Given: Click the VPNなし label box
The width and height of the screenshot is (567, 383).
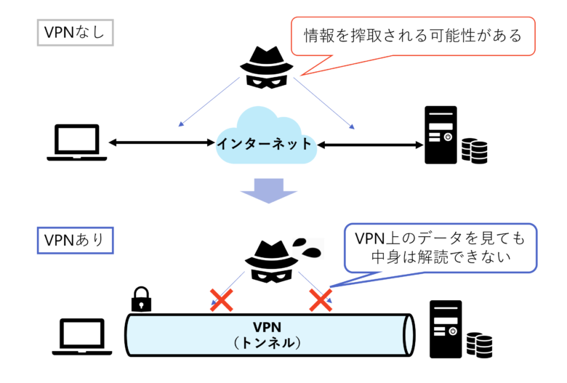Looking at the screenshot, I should point(75,33).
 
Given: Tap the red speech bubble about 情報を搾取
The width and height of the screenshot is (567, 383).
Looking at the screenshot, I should point(413,36).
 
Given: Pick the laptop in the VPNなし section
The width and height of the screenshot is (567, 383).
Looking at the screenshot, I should point(77,143).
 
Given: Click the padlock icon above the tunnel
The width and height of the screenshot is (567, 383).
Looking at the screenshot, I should point(140,299).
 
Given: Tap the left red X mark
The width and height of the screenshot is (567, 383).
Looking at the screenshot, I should point(221,300).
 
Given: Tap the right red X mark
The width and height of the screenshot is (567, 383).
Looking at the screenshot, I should point(321,299).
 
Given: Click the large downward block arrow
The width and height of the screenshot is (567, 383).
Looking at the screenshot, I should point(269,190).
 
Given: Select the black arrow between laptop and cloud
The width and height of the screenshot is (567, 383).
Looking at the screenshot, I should point(162,143).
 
